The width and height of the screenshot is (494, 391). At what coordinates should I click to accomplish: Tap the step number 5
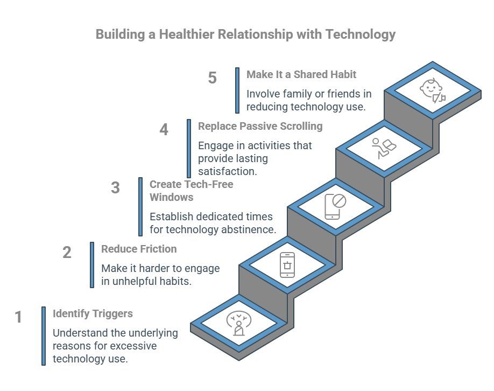[x=213, y=78]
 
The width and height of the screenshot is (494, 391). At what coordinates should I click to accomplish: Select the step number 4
[x=164, y=130]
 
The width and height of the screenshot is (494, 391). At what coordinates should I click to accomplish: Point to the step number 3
[x=115, y=188]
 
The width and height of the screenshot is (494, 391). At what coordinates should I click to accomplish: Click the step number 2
[x=67, y=253]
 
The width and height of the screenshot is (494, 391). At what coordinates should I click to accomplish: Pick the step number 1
[x=18, y=317]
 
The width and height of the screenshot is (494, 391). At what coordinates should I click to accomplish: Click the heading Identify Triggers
[x=93, y=313]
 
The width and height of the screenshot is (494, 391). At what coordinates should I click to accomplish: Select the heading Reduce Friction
[x=139, y=249]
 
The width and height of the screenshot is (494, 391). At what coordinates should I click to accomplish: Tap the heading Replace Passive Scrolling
[x=260, y=126]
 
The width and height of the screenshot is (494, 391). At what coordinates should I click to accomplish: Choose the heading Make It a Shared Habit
[x=301, y=74]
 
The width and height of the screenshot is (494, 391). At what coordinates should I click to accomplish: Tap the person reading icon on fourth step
[x=384, y=148]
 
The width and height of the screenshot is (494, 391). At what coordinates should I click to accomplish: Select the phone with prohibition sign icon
[x=335, y=206]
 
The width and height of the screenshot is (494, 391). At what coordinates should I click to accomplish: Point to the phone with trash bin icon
[x=287, y=265]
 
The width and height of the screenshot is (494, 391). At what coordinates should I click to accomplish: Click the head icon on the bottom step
[x=238, y=323]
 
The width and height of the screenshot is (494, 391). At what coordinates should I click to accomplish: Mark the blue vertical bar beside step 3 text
[x=140, y=206]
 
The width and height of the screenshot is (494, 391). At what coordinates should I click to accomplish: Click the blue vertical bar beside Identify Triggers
[x=44, y=336]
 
